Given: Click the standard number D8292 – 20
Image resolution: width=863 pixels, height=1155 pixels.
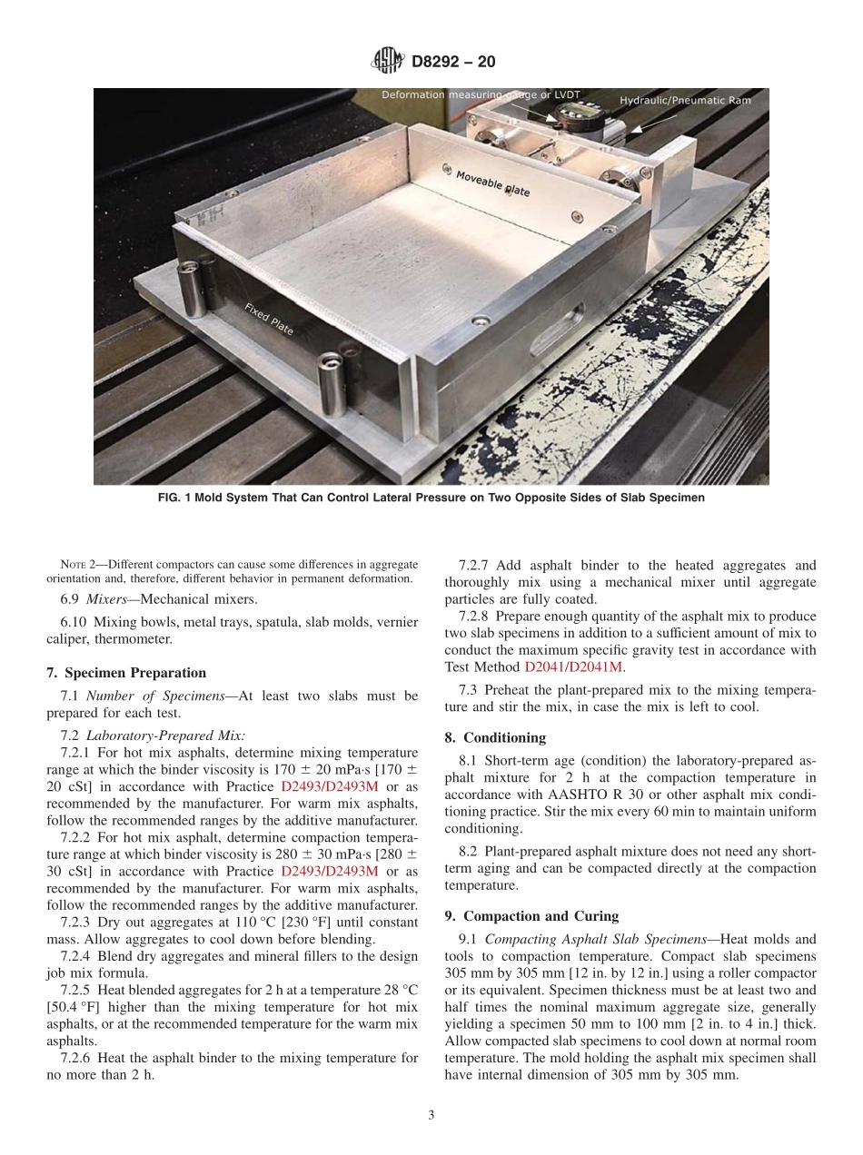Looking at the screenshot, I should (453, 63).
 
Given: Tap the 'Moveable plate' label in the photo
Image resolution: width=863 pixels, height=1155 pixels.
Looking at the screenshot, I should (491, 183).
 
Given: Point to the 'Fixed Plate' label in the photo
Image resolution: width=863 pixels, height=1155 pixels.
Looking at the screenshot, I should (269, 319).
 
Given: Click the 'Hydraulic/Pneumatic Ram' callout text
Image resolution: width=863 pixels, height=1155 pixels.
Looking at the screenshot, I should (685, 100).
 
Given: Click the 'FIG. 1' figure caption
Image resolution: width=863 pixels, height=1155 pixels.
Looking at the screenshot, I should (431, 498).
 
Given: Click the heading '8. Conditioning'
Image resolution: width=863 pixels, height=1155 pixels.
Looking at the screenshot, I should (495, 737).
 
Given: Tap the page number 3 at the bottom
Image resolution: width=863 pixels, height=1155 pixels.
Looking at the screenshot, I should (431, 1116).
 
